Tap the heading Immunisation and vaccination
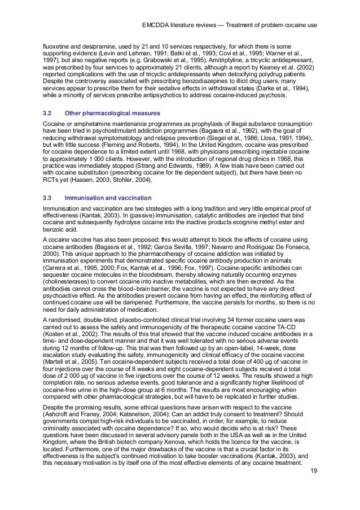108,198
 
